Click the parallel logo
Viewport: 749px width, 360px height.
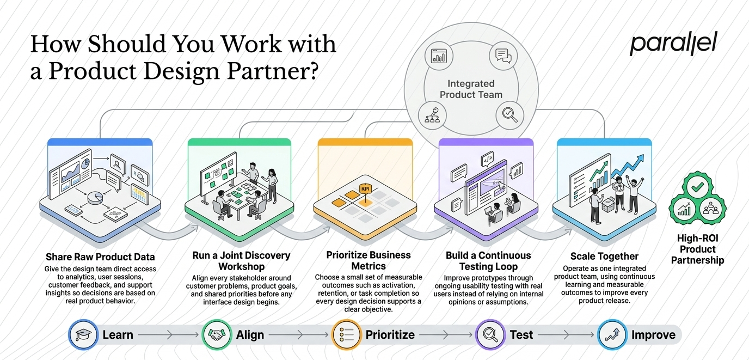(673, 44)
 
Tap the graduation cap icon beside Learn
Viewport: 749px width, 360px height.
(83, 334)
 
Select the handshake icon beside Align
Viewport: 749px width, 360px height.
(217, 334)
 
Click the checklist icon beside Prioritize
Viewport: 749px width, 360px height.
(346, 334)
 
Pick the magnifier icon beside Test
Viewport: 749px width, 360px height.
(490, 334)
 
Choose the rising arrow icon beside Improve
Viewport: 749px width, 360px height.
(612, 334)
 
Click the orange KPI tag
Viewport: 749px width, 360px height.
(365, 189)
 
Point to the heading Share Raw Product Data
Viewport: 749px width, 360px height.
(100, 257)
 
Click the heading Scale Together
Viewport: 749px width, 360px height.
(604, 257)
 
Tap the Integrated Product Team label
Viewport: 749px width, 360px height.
(471, 89)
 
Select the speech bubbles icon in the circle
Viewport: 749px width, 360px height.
(503, 56)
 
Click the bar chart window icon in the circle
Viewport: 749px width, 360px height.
(439, 56)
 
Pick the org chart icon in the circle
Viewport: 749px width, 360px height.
(432, 116)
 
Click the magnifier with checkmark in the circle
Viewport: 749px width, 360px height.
(509, 115)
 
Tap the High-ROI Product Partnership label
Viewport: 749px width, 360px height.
(697, 249)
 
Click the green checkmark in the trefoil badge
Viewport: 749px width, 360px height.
(697, 187)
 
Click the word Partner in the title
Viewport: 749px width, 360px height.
(268, 71)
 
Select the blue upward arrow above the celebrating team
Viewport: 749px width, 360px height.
(628, 166)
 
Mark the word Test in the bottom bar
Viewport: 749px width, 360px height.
(521, 334)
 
